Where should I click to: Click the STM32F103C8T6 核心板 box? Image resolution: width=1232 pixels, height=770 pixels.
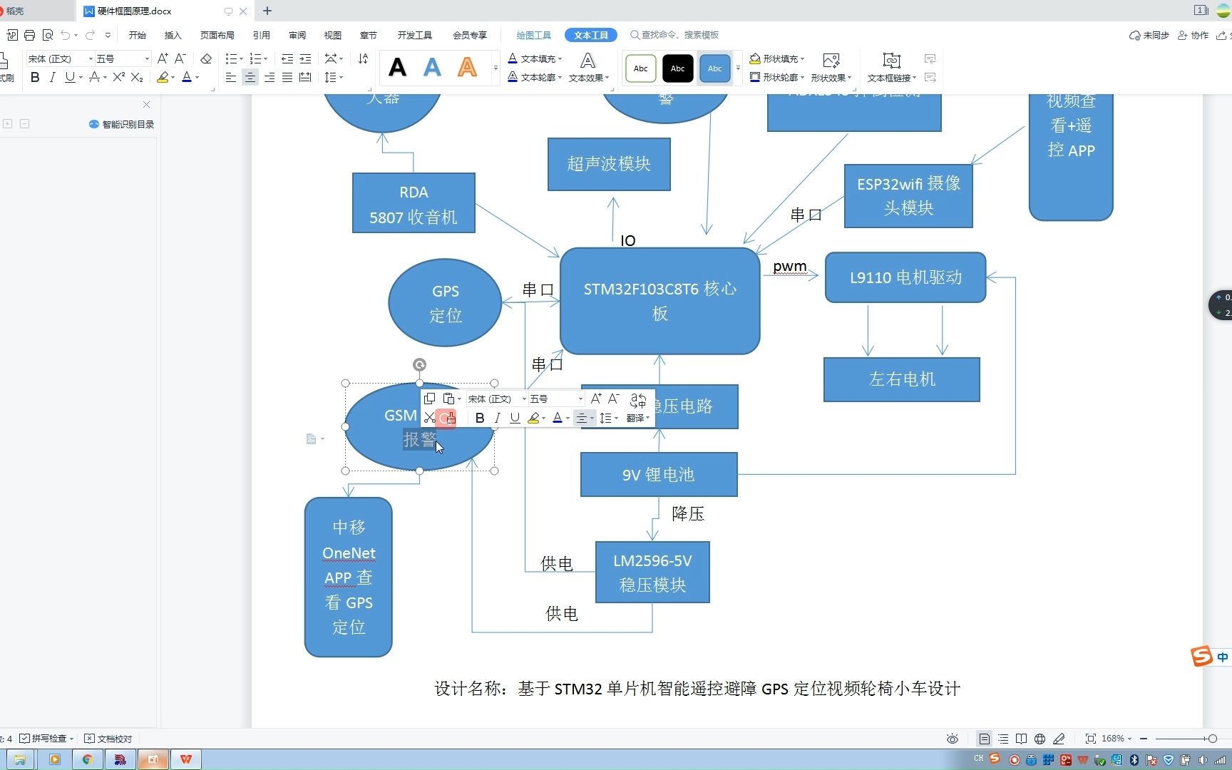click(x=659, y=301)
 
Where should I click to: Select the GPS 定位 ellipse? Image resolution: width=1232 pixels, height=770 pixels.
click(x=445, y=303)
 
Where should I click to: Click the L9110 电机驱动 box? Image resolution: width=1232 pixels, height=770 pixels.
click(x=905, y=277)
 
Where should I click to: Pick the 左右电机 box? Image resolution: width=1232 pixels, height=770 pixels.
click(x=901, y=379)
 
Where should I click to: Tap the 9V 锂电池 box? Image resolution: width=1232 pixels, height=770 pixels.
click(x=658, y=475)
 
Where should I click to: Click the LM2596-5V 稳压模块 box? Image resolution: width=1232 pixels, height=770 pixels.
click(x=652, y=573)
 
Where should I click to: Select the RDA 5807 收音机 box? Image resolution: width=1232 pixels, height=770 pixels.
click(x=414, y=203)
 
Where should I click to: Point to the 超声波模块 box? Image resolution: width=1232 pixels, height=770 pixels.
click(x=609, y=164)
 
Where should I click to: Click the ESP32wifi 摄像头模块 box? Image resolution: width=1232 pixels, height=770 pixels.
click(x=908, y=195)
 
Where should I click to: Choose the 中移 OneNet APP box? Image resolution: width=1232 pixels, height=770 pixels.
click(x=348, y=577)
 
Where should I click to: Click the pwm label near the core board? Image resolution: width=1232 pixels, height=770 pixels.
click(x=789, y=267)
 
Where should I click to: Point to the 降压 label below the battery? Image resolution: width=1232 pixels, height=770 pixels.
click(x=688, y=513)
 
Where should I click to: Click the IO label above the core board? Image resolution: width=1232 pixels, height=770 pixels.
click(x=627, y=241)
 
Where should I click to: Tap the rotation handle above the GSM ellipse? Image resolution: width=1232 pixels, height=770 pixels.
click(x=419, y=365)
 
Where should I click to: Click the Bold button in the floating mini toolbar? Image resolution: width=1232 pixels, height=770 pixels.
click(x=480, y=419)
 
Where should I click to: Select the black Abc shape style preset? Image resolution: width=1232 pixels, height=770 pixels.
click(x=677, y=68)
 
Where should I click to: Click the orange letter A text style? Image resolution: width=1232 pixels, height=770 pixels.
click(x=467, y=68)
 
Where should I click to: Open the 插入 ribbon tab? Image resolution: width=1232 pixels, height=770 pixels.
click(x=173, y=35)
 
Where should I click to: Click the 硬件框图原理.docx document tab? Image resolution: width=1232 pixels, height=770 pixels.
click(x=135, y=11)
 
